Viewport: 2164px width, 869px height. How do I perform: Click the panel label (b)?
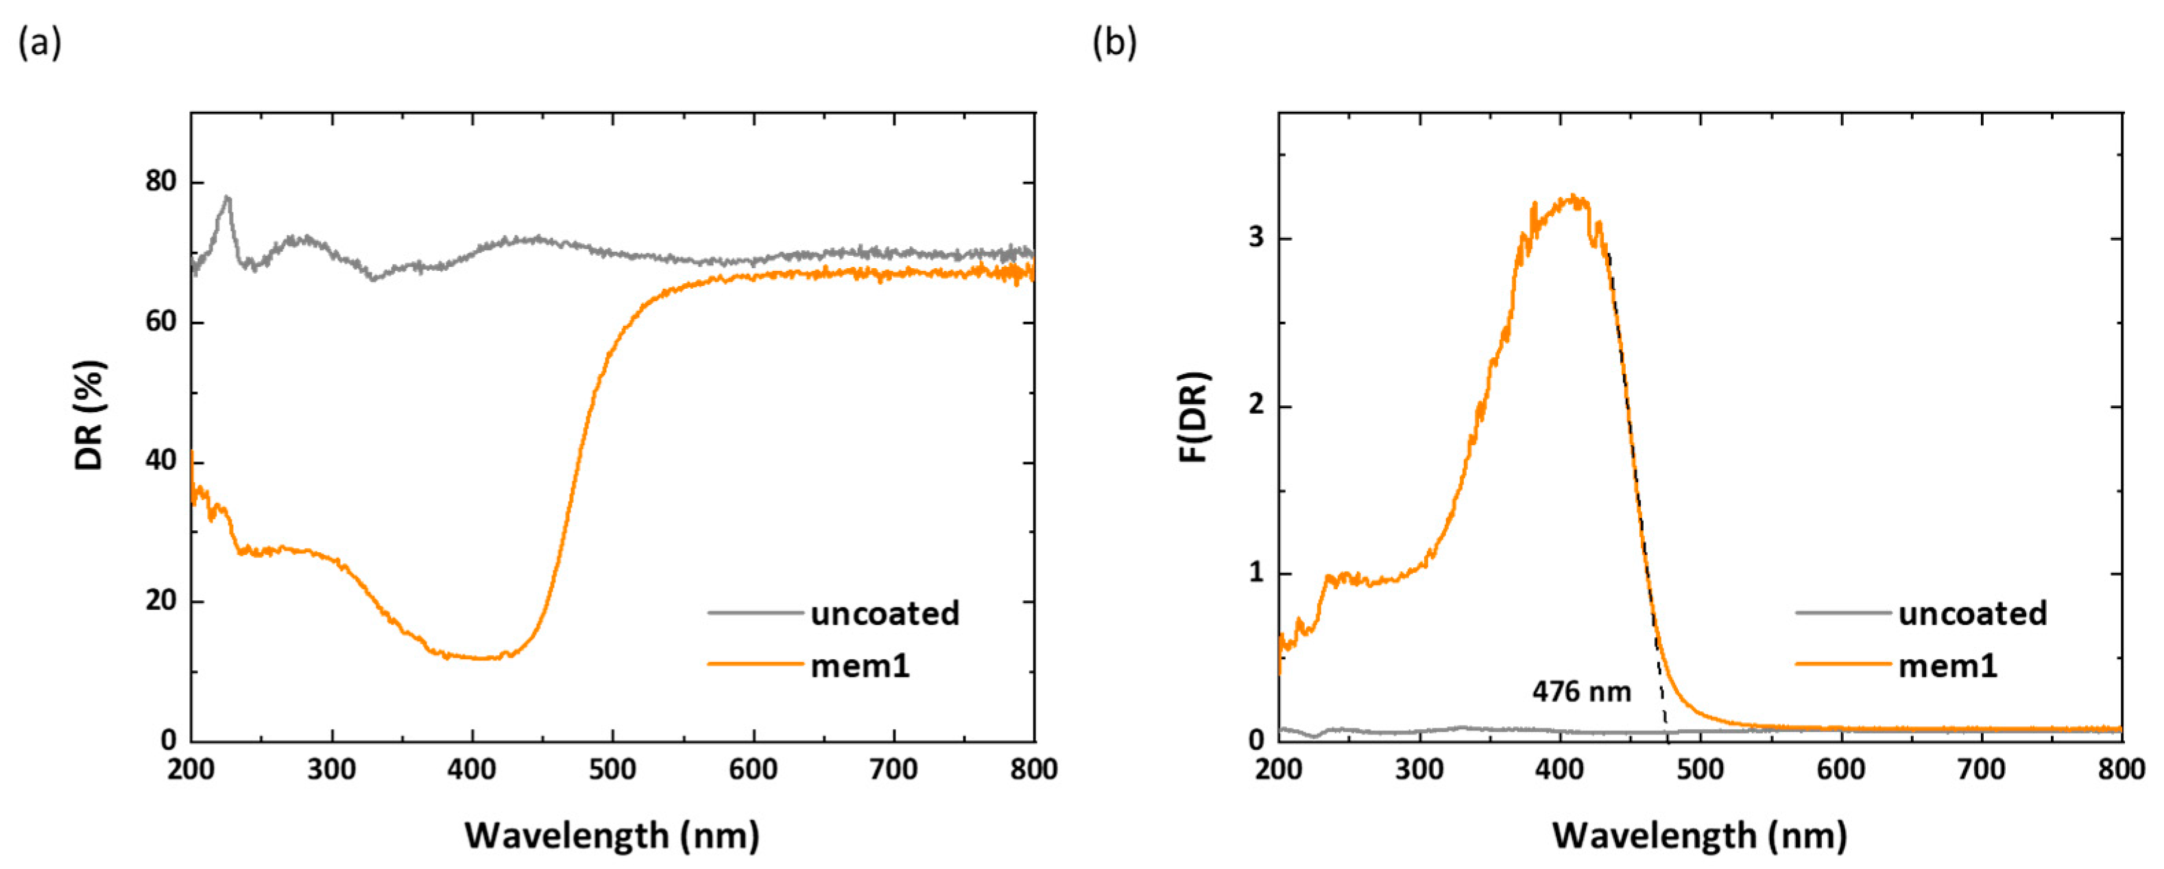point(1114,43)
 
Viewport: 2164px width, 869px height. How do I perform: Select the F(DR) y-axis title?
point(1193,417)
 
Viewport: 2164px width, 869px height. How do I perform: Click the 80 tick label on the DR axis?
point(160,182)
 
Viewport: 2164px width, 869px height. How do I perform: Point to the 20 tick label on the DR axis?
point(160,601)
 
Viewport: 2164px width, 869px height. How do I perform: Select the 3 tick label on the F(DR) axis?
point(1256,238)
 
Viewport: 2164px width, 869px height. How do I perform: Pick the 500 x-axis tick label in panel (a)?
point(612,770)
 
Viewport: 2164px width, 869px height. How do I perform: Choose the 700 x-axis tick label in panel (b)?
point(1981,770)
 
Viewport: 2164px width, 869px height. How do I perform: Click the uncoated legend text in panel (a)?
point(885,613)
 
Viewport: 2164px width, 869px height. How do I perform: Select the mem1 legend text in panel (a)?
point(861,665)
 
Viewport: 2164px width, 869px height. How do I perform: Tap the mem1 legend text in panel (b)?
point(1947,665)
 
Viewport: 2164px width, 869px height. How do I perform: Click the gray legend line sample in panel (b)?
point(1843,613)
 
